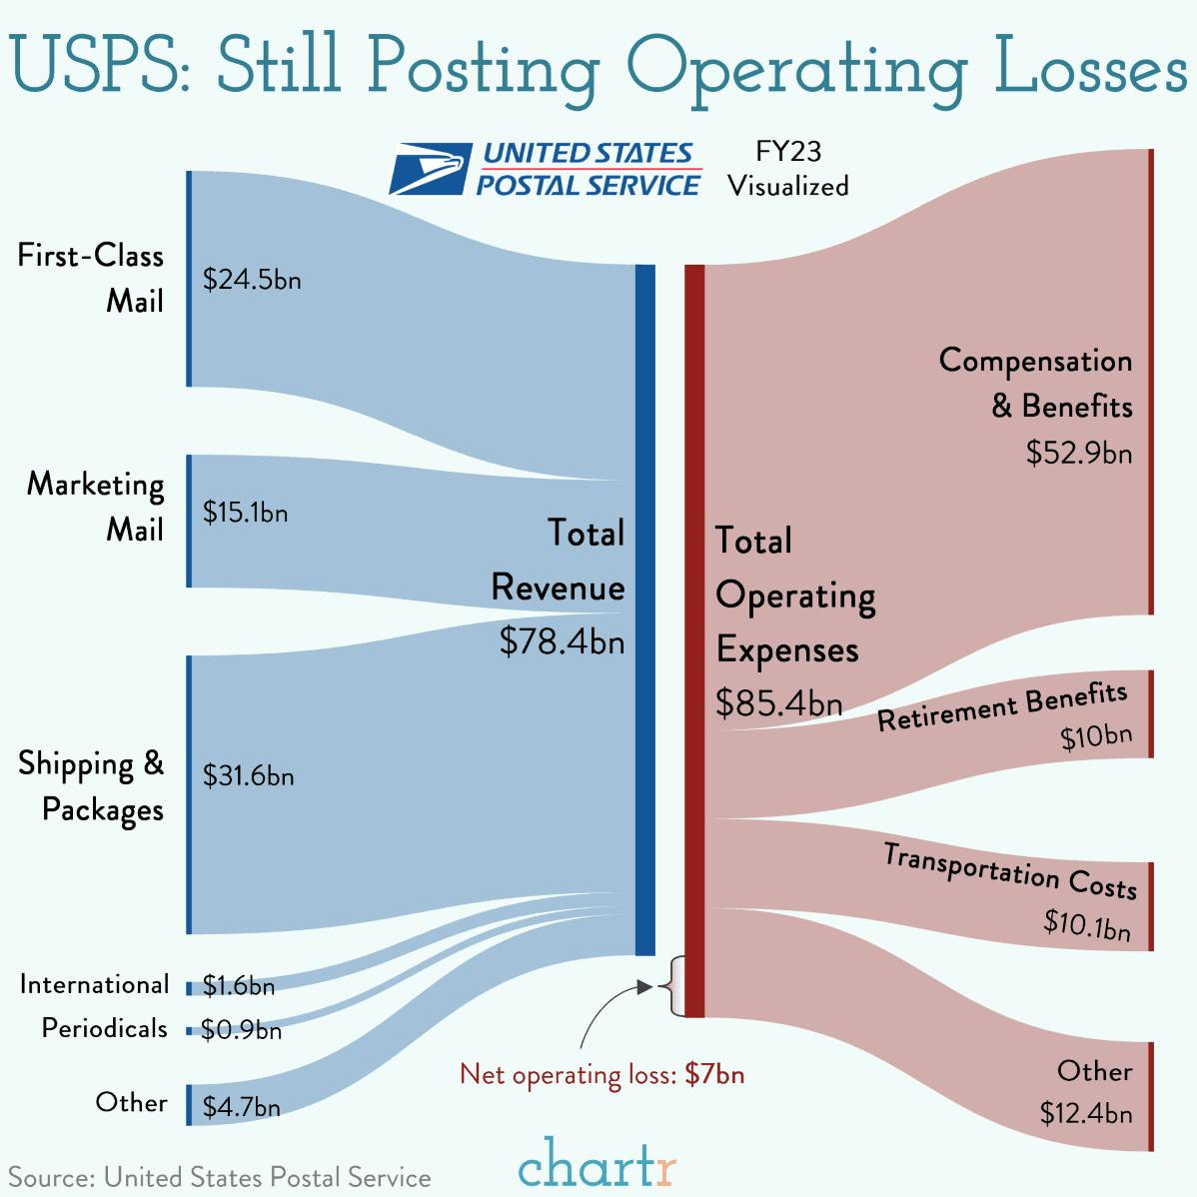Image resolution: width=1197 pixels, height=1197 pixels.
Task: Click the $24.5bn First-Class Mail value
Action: (x=251, y=279)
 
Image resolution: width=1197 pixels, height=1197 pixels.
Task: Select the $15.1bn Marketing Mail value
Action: (x=245, y=513)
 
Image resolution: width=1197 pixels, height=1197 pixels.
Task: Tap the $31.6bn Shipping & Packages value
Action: (x=248, y=775)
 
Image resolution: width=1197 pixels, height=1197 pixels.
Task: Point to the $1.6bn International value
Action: (x=238, y=986)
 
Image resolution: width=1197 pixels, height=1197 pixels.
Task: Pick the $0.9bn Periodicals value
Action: (x=241, y=1029)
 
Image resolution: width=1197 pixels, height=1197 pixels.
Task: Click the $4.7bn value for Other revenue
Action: (x=241, y=1106)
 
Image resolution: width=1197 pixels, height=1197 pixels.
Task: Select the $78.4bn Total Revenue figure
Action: (x=562, y=640)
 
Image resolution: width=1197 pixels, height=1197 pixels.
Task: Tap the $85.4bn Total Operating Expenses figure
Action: (x=778, y=702)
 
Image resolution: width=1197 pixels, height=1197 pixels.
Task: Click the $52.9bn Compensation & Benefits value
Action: (x=1078, y=453)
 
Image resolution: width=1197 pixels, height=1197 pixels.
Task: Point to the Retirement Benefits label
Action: (x=1002, y=705)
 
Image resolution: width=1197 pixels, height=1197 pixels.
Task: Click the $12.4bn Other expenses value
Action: (x=1085, y=1112)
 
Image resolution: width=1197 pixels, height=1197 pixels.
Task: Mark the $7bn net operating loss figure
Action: (x=714, y=1074)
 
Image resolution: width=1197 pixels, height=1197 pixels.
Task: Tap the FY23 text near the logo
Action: (x=787, y=152)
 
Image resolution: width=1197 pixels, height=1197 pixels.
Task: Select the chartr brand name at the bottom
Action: (x=598, y=1164)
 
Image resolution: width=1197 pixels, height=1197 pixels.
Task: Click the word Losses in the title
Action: (x=1090, y=66)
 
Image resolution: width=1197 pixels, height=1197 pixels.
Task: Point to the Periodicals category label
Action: (x=104, y=1028)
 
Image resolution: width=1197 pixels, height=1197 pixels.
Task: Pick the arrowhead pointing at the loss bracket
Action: (x=644, y=987)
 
